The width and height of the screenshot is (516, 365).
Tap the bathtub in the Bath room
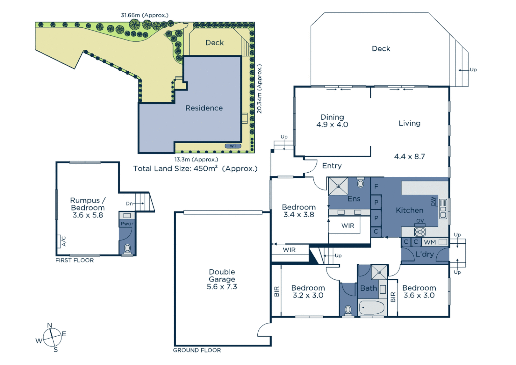point(372,308)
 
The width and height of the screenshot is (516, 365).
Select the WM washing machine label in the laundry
point(430,242)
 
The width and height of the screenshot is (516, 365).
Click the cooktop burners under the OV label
point(420,232)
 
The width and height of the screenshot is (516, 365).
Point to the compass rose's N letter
point(50,325)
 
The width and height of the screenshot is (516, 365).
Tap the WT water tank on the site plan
point(233,146)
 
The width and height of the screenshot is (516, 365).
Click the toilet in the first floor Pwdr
point(127,248)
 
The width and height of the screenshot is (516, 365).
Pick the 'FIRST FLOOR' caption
point(75,260)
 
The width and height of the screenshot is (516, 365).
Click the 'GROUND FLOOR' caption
point(197,350)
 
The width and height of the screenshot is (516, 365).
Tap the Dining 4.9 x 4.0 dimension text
point(332,125)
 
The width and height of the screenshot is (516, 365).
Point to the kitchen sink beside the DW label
point(443,209)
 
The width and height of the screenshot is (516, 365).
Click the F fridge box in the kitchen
point(376,187)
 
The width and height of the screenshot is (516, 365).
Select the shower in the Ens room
point(338,186)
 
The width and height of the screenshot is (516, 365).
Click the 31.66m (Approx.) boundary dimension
point(145,15)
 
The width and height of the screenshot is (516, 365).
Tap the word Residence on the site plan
point(204,108)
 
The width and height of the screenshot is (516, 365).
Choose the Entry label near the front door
point(332,166)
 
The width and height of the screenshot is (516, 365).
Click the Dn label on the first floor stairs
point(129,203)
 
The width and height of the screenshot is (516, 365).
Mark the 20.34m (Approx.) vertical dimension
point(259,89)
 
